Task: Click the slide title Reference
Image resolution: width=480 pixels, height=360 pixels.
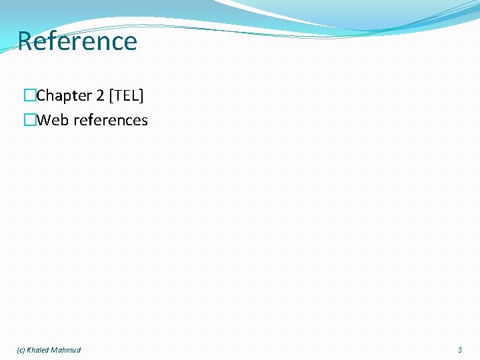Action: click(77, 41)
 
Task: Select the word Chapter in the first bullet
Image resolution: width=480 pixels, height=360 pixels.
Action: click(64, 96)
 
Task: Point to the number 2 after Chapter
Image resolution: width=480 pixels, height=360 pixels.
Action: click(101, 96)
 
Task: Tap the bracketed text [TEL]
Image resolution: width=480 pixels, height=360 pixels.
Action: click(127, 96)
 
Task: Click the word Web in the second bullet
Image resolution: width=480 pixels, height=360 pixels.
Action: click(51, 121)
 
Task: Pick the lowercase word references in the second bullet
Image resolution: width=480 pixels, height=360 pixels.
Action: click(110, 121)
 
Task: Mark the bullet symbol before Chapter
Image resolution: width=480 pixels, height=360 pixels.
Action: click(29, 96)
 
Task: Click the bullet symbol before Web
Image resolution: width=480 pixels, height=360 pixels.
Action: click(29, 121)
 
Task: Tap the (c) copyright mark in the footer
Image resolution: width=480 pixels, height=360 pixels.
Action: click(21, 350)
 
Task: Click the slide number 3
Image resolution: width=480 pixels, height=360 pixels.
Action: click(459, 350)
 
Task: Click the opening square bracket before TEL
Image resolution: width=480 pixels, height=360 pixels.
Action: click(113, 96)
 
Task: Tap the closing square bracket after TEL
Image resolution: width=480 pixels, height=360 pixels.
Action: click(141, 96)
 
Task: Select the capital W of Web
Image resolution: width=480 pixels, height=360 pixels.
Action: click(43, 121)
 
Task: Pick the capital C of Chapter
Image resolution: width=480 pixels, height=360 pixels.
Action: click(41, 96)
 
